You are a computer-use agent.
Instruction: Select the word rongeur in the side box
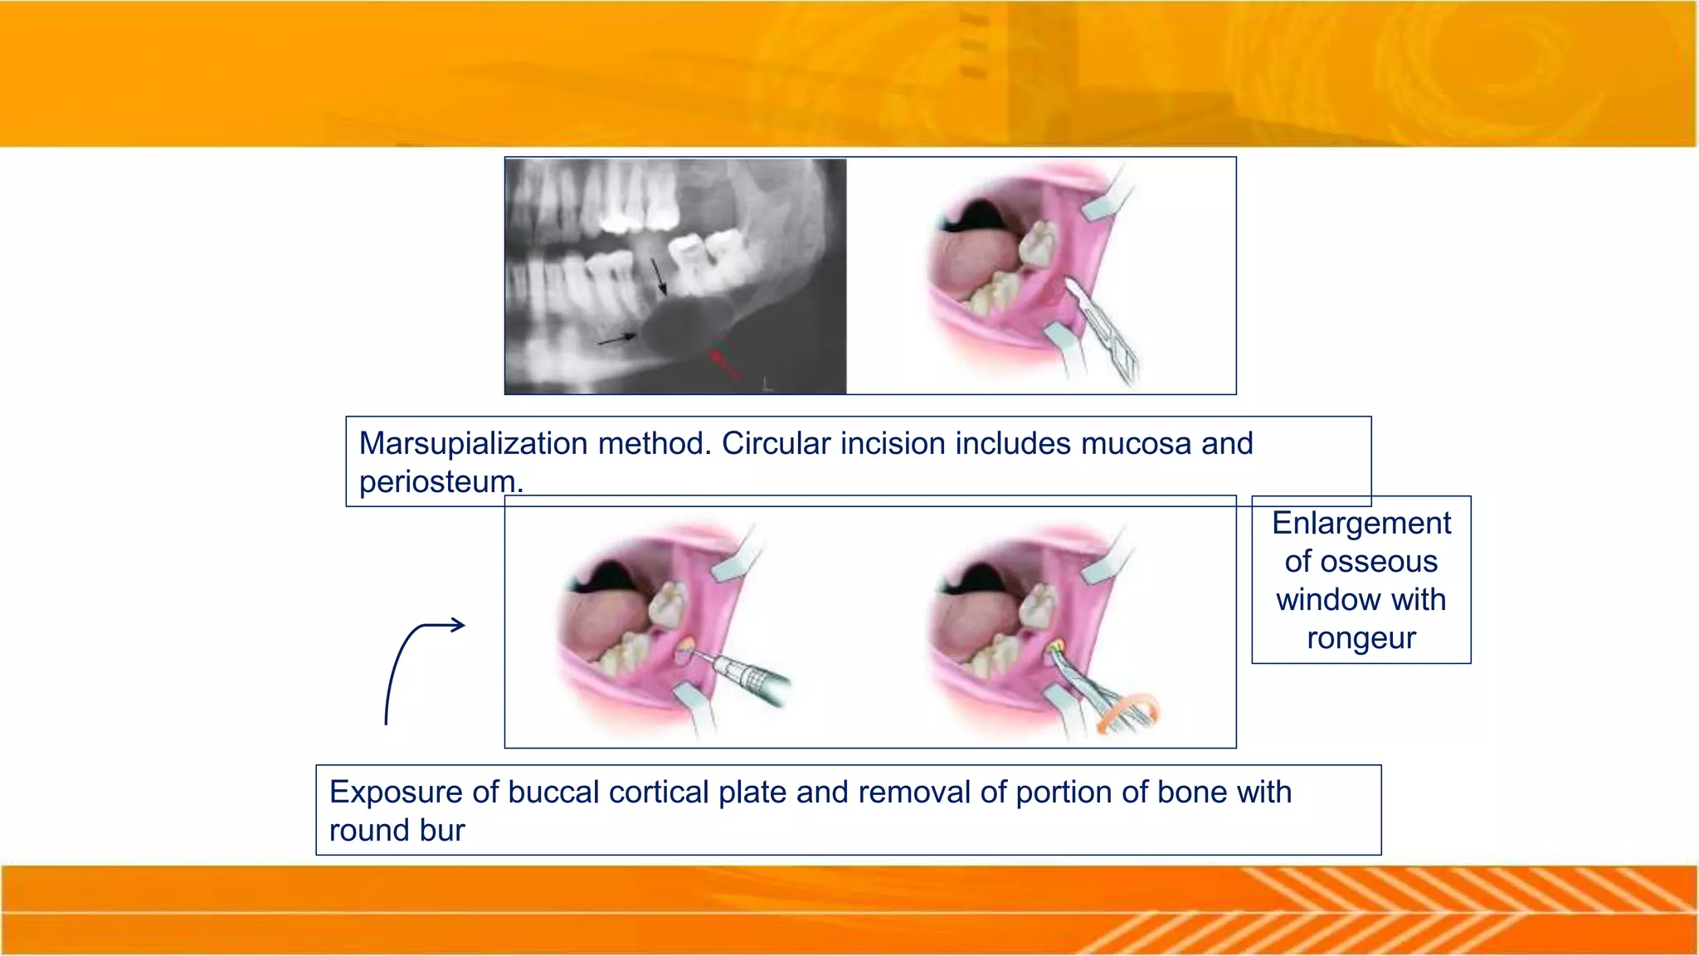tap(1361, 638)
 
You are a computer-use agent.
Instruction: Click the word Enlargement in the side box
tap(1361, 524)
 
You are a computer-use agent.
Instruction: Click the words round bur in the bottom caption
tap(397, 831)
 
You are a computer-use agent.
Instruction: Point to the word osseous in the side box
tap(1361, 562)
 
